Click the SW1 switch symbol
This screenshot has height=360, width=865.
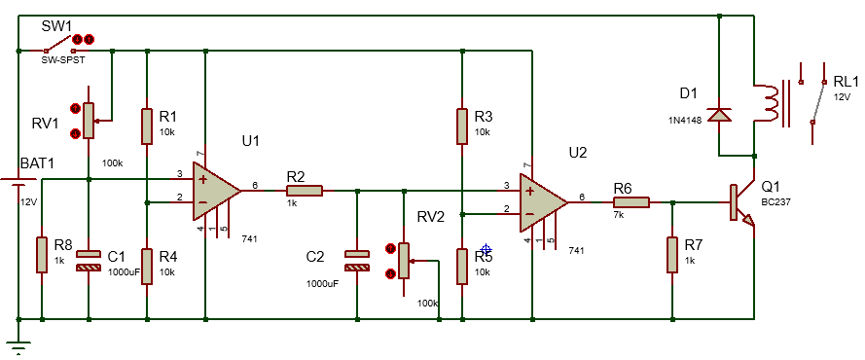[58, 45]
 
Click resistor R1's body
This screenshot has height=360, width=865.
[147, 126]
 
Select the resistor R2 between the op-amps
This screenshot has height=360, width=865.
[304, 191]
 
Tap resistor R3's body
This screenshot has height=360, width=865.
[462, 126]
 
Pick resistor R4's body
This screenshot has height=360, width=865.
[147, 267]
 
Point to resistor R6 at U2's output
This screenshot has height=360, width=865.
[631, 202]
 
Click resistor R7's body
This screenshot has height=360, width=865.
[672, 255]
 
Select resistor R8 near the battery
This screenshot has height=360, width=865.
[42, 255]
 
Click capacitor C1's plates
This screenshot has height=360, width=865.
[89, 261]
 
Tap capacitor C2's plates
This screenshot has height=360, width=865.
[357, 261]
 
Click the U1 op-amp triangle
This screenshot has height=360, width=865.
[217, 191]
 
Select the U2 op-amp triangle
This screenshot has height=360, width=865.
[543, 202]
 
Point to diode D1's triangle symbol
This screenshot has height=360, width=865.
[719, 114]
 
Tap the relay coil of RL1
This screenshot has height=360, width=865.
[771, 102]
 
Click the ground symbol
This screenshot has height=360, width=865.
[18, 347]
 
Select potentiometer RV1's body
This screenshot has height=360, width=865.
[89, 121]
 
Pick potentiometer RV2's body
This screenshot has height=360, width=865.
[404, 261]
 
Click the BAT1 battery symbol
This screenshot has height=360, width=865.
[18, 181]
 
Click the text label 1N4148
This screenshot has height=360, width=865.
[683, 120]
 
